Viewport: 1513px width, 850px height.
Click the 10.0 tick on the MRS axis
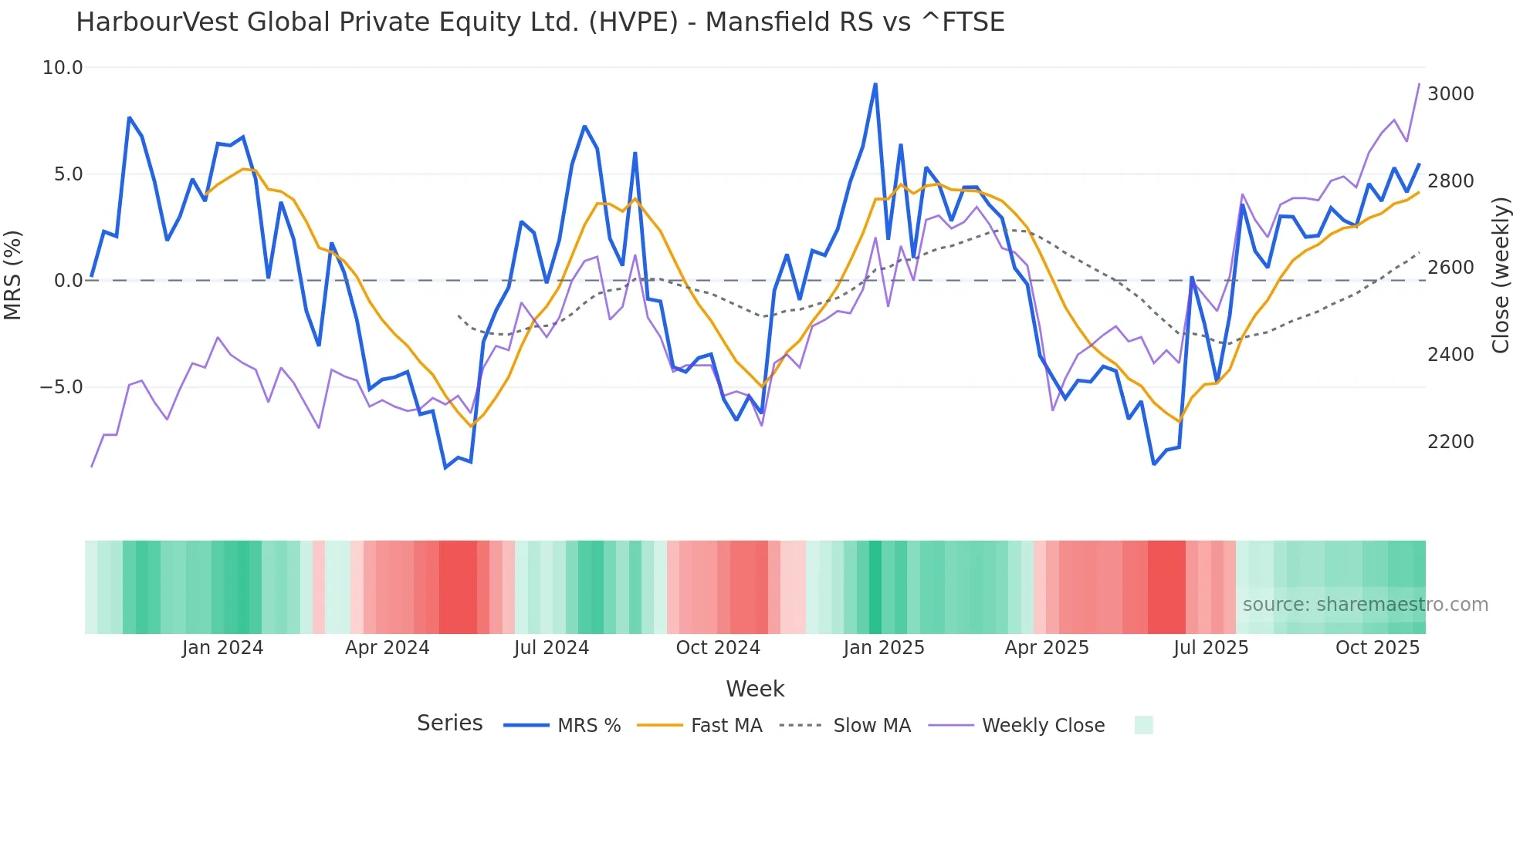(62, 68)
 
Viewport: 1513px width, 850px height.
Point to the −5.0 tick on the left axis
(62, 387)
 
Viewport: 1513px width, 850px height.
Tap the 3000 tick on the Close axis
(1450, 94)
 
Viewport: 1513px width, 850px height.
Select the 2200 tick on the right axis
(1450, 442)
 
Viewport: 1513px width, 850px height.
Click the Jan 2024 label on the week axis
(222, 648)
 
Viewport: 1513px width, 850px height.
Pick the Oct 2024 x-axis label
(718, 648)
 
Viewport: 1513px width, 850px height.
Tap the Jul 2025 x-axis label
(1210, 648)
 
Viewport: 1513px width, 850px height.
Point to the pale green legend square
(1143, 725)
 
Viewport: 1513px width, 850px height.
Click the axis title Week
(755, 689)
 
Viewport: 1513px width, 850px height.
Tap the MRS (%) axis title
(13, 275)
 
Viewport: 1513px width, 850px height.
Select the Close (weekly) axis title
(1500, 275)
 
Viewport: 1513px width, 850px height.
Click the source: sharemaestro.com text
(1365, 605)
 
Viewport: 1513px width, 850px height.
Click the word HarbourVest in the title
(157, 22)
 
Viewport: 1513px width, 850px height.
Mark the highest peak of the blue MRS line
(875, 84)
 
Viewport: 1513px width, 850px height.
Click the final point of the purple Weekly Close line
(1419, 84)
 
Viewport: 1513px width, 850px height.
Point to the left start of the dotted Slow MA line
(459, 315)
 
